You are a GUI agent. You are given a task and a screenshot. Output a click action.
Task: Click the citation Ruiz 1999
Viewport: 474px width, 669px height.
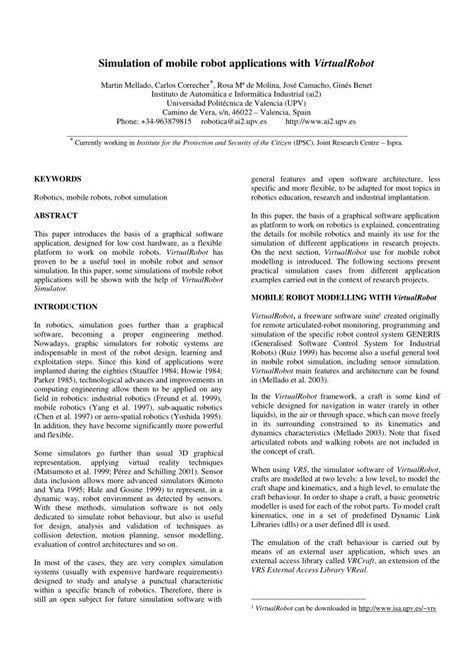(297, 355)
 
